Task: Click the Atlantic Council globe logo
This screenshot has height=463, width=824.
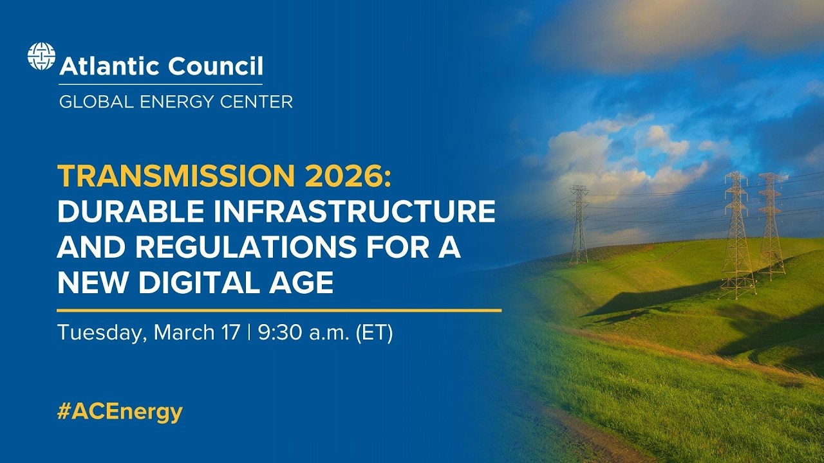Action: [41, 56]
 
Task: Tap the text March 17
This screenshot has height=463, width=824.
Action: [197, 333]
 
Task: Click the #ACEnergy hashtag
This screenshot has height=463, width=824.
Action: [120, 412]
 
